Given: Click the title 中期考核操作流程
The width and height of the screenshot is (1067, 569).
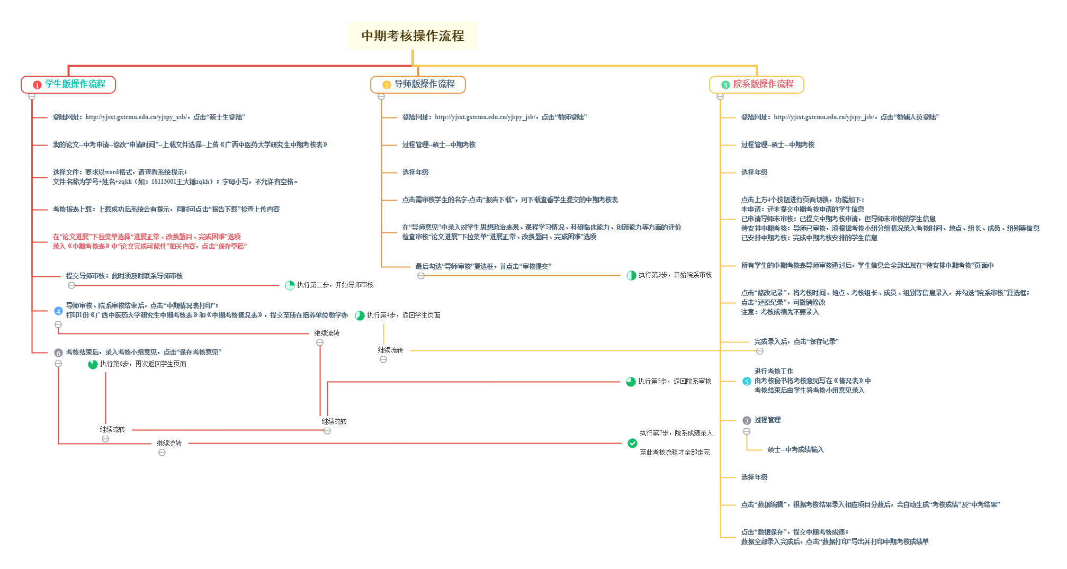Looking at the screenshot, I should pyautogui.click(x=413, y=35).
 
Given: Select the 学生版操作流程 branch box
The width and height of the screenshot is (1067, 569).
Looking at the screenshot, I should pyautogui.click(x=68, y=84).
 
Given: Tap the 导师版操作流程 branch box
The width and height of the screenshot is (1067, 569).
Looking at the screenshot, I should pyautogui.click(x=418, y=84).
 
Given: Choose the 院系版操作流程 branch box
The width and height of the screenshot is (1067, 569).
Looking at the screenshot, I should pyautogui.click(x=757, y=84).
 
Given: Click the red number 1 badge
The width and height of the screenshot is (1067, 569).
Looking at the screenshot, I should pyautogui.click(x=37, y=85).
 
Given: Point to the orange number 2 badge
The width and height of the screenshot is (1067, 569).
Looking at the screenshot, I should pyautogui.click(x=387, y=85).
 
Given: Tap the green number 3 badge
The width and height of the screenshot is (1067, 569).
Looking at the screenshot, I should pyautogui.click(x=725, y=85).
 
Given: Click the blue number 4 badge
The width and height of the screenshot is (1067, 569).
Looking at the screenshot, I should pyautogui.click(x=58, y=311).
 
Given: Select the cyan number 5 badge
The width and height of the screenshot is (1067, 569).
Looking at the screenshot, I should pyautogui.click(x=747, y=381).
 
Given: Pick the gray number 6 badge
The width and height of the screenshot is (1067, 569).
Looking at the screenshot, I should pyautogui.click(x=58, y=353).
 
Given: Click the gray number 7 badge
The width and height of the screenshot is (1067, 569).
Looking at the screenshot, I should pyautogui.click(x=747, y=421).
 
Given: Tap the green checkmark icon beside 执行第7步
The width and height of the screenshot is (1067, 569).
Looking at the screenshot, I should pyautogui.click(x=632, y=443).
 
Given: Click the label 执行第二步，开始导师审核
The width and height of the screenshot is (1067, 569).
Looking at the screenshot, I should pyautogui.click(x=335, y=285).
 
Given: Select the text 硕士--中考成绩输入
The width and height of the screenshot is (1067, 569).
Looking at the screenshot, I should pyautogui.click(x=795, y=449).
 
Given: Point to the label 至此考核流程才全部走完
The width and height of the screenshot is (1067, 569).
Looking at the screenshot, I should pyautogui.click(x=675, y=452).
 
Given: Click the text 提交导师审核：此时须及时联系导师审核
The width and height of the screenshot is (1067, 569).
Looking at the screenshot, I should pyautogui.click(x=124, y=276).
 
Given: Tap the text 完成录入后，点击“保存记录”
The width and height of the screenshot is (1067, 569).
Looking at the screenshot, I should pyautogui.click(x=796, y=341).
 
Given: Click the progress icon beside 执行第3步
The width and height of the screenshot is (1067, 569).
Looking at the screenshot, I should pyautogui.click(x=631, y=275).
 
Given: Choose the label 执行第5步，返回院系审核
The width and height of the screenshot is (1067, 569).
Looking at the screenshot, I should pyautogui.click(x=675, y=381).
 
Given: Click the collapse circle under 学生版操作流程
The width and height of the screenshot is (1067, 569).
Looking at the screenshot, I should pyautogui.click(x=32, y=96).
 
